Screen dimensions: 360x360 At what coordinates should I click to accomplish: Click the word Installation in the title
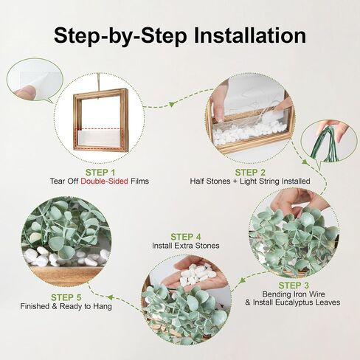click(x=250, y=35)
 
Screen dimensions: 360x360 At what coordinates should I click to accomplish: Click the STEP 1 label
click(x=100, y=173)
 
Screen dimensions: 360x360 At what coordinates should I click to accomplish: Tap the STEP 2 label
click(x=250, y=173)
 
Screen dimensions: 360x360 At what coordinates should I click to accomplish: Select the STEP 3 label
click(x=294, y=285)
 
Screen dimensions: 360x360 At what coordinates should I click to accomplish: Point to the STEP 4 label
click(x=186, y=237)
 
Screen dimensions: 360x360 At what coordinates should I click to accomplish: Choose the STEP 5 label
click(x=66, y=297)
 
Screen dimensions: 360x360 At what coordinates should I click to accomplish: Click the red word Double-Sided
click(x=104, y=181)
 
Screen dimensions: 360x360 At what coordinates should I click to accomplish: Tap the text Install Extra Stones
click(x=186, y=246)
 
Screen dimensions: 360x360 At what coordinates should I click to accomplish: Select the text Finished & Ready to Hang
click(x=66, y=306)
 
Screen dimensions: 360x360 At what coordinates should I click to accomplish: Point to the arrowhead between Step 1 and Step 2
click(x=171, y=104)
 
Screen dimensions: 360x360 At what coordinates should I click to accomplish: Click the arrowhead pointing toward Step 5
click(x=109, y=297)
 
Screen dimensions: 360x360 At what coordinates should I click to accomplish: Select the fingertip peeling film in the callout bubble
click(x=24, y=91)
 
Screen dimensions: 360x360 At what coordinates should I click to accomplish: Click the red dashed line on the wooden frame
click(x=100, y=128)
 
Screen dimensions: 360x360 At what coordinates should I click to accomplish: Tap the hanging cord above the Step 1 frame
click(x=99, y=82)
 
